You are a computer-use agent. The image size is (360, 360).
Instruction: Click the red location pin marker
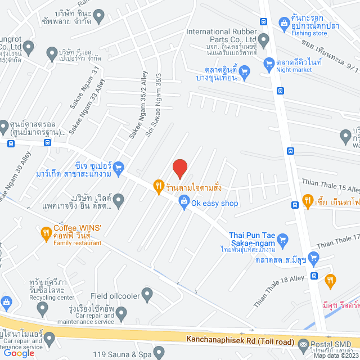click(179, 168)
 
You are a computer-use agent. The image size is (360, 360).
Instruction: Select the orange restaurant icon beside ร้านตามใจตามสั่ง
click(159, 186)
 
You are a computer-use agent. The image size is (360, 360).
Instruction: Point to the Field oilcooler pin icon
click(147, 294)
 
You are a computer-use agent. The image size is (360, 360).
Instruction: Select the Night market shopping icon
click(244, 71)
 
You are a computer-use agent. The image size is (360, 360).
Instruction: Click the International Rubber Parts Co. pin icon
click(264, 39)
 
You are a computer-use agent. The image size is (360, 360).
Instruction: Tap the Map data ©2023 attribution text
click(335, 355)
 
